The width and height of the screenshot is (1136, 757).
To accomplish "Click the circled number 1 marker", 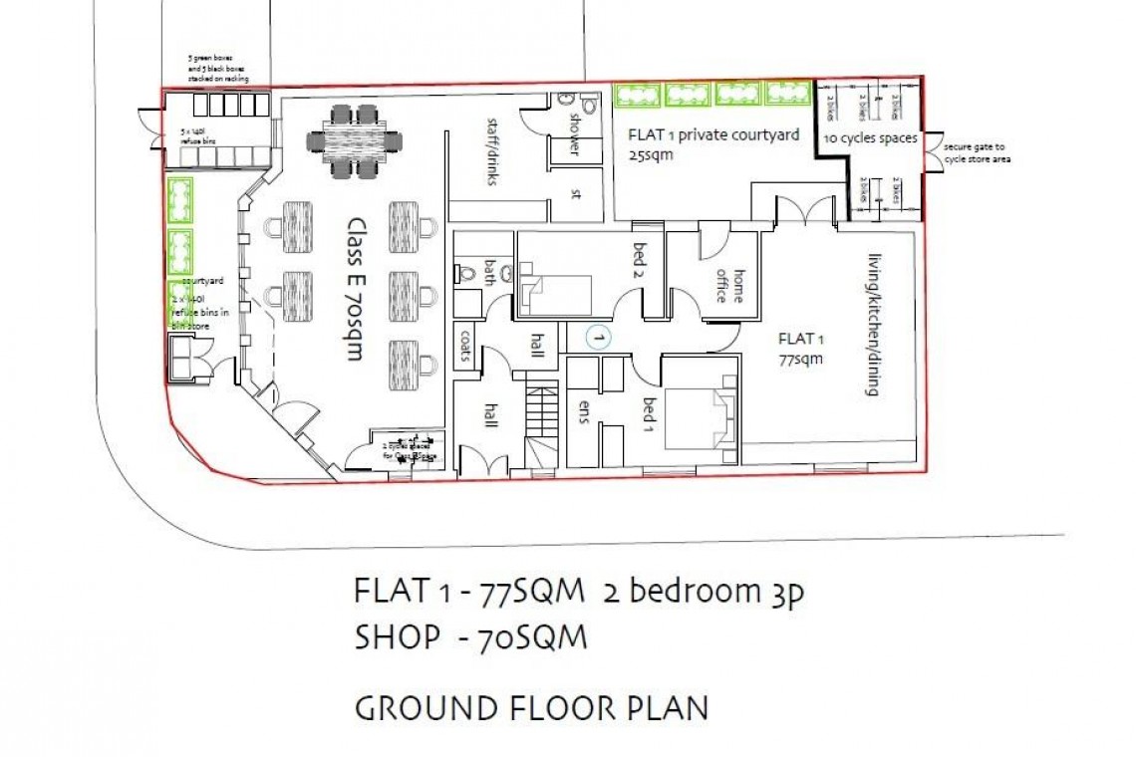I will click(599, 339).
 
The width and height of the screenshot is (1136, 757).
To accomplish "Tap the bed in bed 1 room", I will click(702, 416).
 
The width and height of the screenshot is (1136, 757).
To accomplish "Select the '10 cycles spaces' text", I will click(870, 138).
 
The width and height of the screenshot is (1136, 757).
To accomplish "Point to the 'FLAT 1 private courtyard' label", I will click(712, 135).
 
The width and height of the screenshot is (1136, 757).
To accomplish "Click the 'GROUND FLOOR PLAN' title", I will click(531, 708).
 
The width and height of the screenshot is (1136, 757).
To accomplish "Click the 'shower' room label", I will click(574, 130).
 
